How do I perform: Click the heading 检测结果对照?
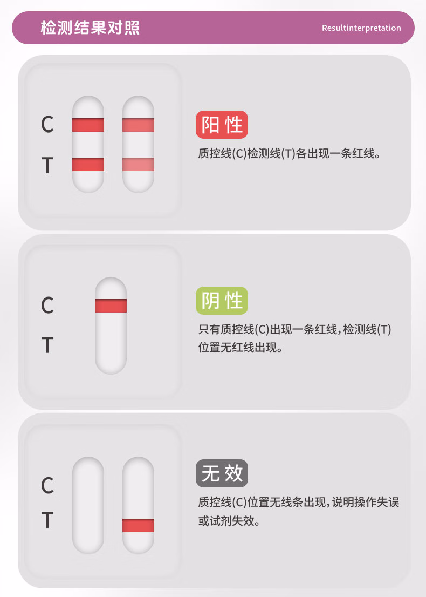pos(90,28)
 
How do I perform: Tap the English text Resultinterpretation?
pos(361,28)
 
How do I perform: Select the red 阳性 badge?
pos(222,125)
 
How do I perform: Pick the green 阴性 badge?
pos(222,301)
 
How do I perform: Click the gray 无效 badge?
pos(222,473)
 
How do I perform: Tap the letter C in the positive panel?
pos(47,124)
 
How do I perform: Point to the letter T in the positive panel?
pos(47,165)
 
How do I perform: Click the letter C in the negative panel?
pos(47,306)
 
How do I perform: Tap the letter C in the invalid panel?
pos(47,485)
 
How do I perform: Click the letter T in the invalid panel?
pos(47,520)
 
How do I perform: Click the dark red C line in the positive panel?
pos(88,125)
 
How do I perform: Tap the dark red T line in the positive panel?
pos(88,165)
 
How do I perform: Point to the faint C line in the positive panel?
pos(139,125)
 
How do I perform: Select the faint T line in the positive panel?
pos(139,165)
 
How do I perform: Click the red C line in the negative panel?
pos(111,306)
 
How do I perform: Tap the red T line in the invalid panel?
pos(139,525)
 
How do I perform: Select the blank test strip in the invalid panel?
pos(88,506)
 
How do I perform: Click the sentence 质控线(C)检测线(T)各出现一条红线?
pos(288,153)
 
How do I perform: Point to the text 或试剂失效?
pos(229,520)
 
